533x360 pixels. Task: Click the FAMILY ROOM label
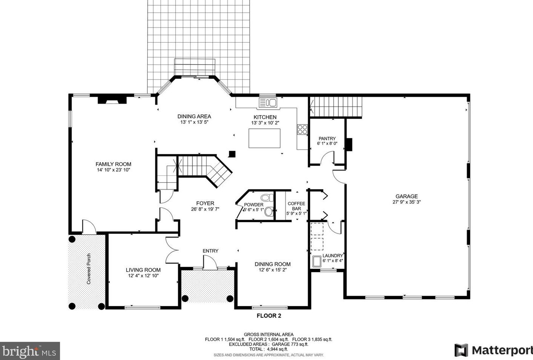tap(113, 164)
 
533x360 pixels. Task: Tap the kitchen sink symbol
tap(268, 103)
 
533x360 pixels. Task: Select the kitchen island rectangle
tap(264, 138)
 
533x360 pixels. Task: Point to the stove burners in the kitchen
tap(302, 130)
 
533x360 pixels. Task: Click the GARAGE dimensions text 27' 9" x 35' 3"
tap(406, 202)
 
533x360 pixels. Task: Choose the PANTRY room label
tap(327, 139)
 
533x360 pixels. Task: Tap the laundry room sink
tap(317, 261)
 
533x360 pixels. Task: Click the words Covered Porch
tap(89, 269)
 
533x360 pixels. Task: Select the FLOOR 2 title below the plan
tap(269, 316)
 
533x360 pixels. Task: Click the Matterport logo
tap(493, 350)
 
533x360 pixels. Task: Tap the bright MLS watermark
tap(30, 351)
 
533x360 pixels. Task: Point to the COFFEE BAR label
tap(296, 206)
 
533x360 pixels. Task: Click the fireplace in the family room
tap(112, 100)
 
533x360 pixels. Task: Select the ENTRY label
tap(210, 251)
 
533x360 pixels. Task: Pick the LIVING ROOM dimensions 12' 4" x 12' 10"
tap(143, 276)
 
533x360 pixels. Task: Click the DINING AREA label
tap(194, 116)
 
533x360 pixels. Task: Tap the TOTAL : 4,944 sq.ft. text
tap(269, 349)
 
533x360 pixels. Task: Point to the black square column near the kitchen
tap(232, 154)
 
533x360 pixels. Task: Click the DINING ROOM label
tap(272, 264)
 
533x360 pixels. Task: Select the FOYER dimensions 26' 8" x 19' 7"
tap(205, 209)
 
